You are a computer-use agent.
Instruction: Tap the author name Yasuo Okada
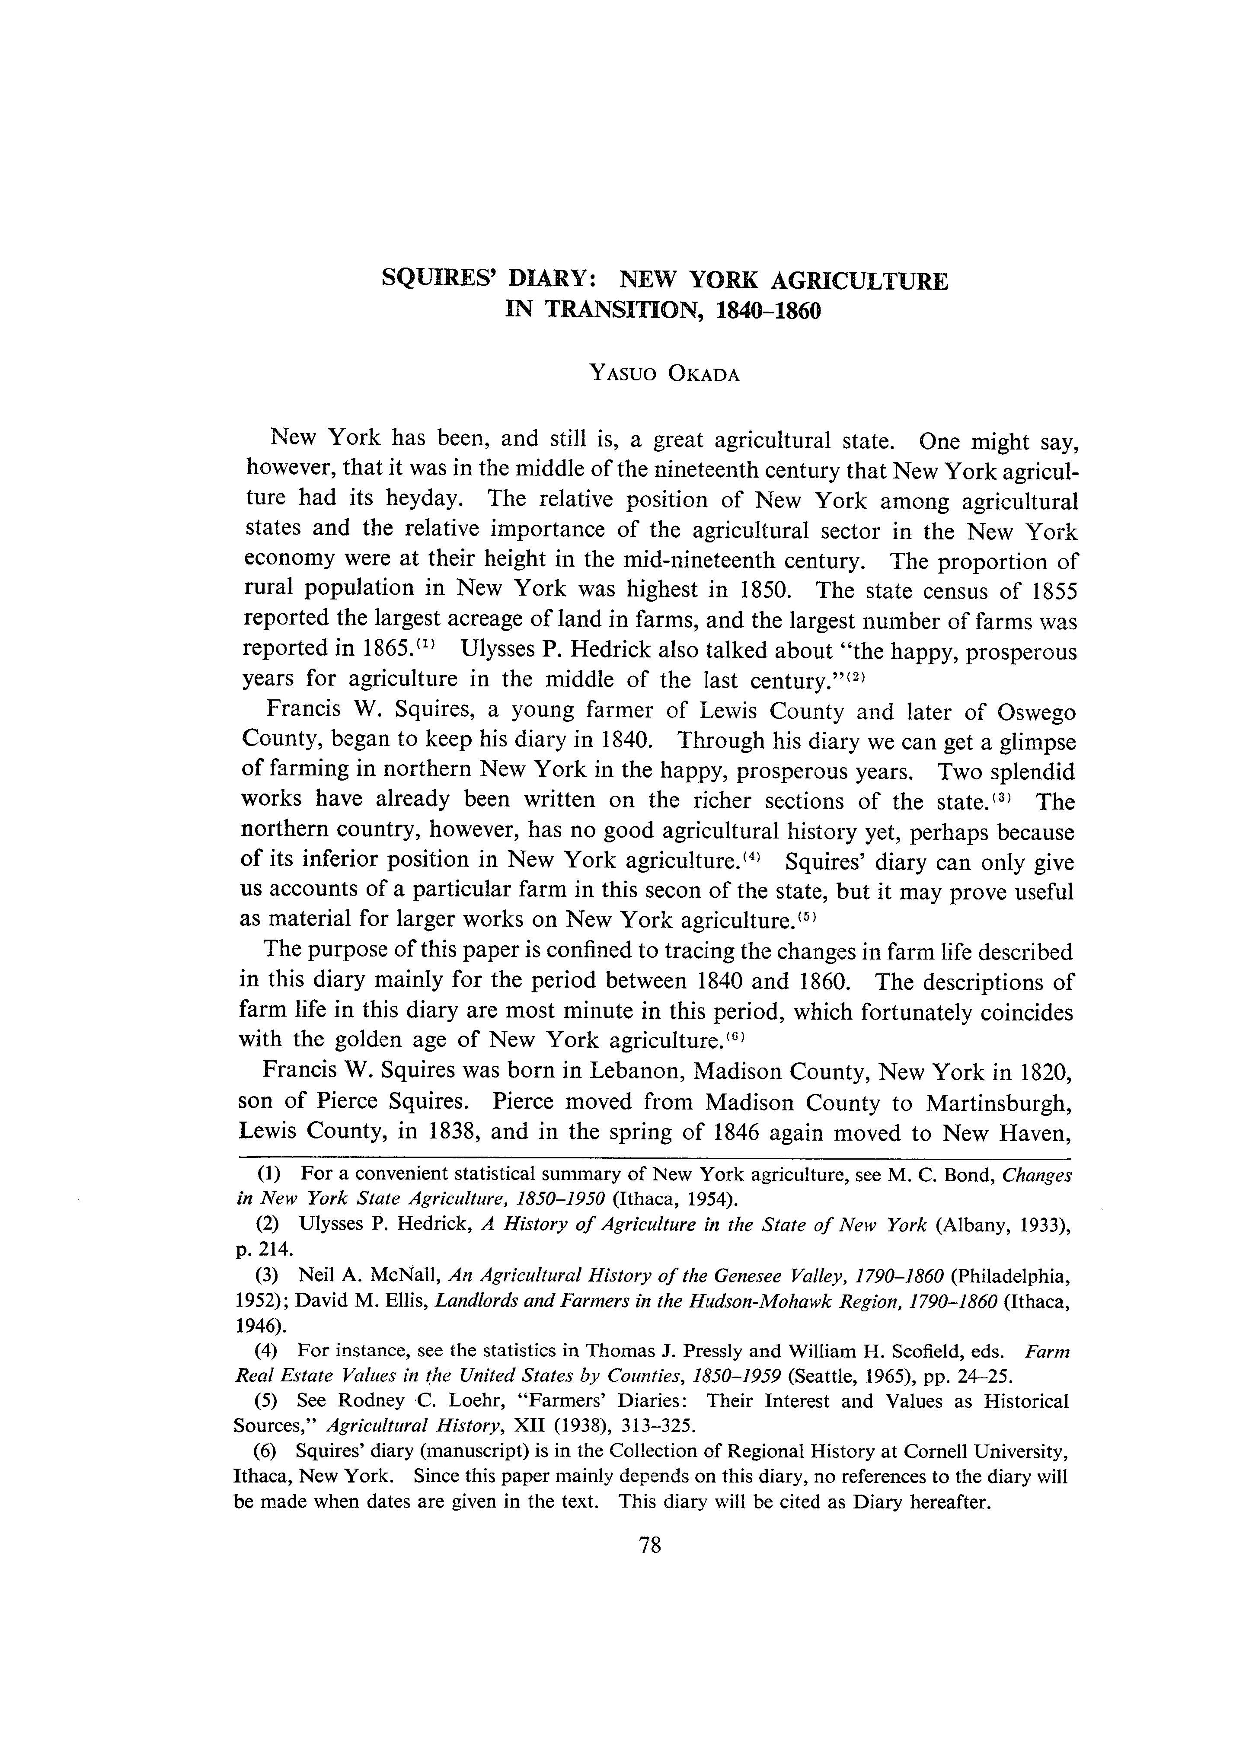click(664, 374)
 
